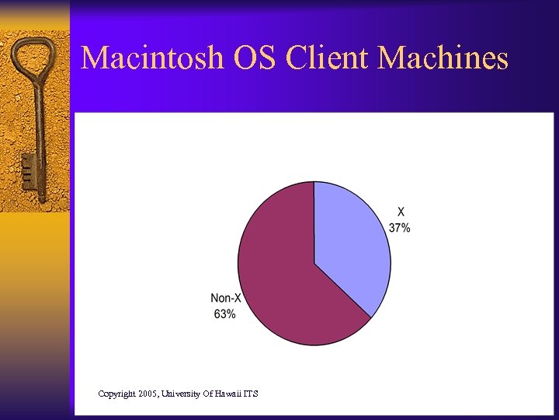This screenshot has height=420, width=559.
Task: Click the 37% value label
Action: coord(400,229)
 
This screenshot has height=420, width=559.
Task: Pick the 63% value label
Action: coord(224,314)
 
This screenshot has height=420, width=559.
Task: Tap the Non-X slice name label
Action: coord(225,299)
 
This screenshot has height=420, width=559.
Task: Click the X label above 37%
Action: coord(401,212)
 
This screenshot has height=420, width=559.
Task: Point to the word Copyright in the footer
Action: coord(116,394)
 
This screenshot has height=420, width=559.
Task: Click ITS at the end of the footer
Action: coord(250,394)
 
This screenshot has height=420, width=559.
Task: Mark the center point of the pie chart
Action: coord(314,264)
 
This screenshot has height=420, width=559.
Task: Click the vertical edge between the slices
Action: coord(314,222)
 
